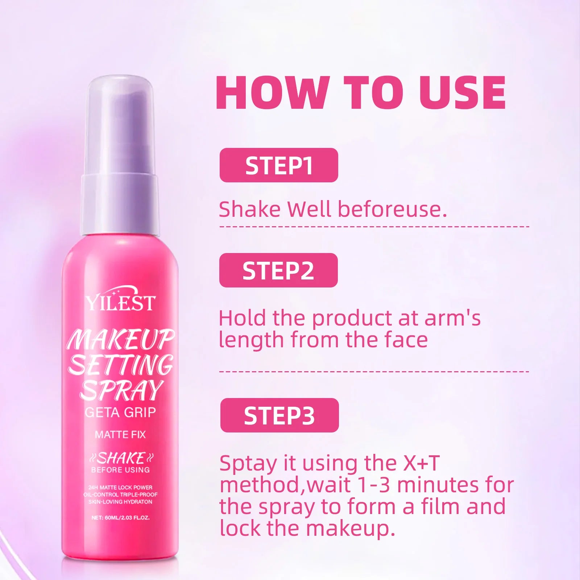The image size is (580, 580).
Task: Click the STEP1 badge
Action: coord(279,165)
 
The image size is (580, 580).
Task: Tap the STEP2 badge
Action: coord(278,270)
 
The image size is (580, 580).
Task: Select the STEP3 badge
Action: coord(279,415)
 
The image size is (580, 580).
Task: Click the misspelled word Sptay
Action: coord(248,464)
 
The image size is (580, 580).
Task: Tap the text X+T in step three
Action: coord(421,463)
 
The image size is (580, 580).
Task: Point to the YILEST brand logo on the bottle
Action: coord(120,299)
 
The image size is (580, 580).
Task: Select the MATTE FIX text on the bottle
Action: coord(120,434)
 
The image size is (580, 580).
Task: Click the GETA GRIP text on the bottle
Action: coord(120,413)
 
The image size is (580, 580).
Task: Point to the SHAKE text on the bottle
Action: coord(121,458)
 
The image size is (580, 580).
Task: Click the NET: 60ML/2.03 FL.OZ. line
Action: coord(120,518)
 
